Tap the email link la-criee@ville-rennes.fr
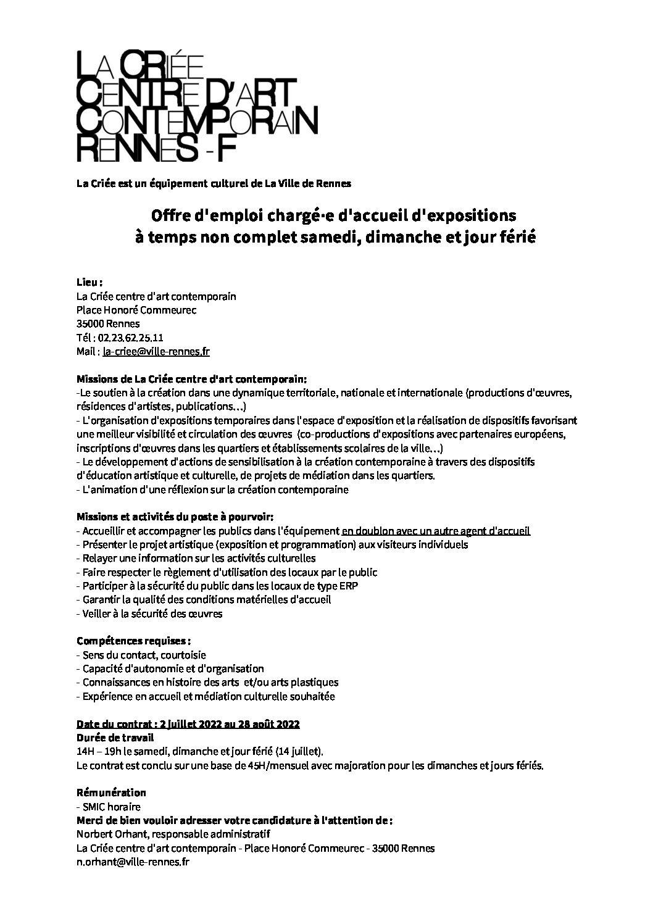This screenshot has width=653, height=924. [156, 352]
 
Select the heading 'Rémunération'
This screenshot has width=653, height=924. [111, 793]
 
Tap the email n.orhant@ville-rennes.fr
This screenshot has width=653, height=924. [133, 862]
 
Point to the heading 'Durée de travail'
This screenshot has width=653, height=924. [115, 738]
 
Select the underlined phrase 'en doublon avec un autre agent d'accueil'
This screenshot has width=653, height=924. [436, 531]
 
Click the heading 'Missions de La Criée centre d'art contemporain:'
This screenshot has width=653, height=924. [191, 378]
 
